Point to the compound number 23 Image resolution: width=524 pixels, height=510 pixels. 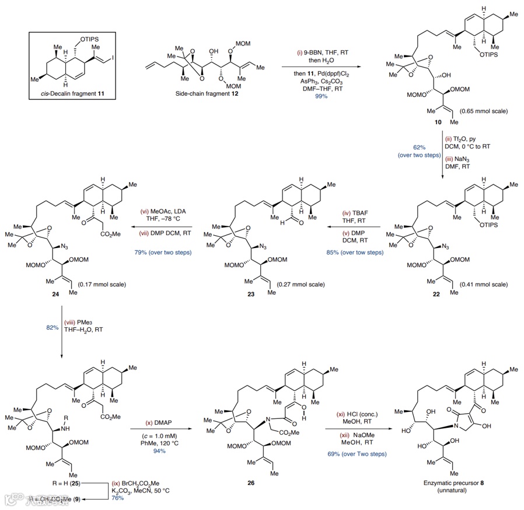[x=251, y=296]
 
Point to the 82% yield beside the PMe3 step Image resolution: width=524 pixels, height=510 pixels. [x=53, y=329]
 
